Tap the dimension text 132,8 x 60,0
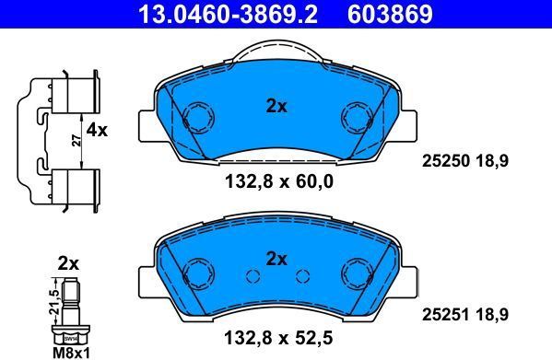tap(276, 182)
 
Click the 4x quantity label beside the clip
tap(97, 131)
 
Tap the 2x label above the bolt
tap(68, 263)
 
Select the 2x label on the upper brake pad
tap(276, 107)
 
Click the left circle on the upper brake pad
tap(197, 117)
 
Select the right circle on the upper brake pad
tap(355, 117)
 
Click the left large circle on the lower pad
tap(197, 273)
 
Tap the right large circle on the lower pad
tap(355, 273)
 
